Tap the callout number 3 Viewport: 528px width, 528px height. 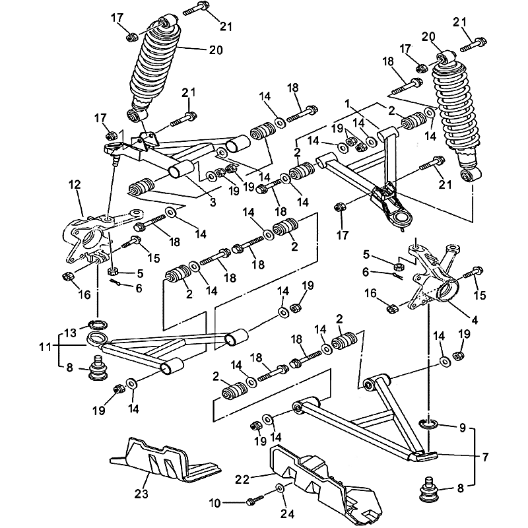(213, 202)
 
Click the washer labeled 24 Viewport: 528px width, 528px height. (280, 488)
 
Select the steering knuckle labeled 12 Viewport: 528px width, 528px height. (89, 234)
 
